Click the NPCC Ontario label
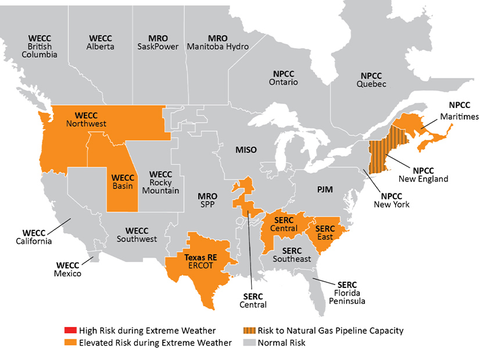tap(285, 78)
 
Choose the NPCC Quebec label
tap(372, 80)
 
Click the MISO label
tap(246, 150)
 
